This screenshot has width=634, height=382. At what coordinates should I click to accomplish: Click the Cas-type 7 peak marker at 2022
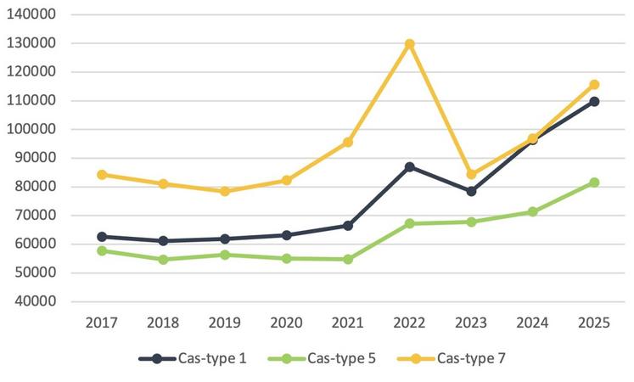[409, 44]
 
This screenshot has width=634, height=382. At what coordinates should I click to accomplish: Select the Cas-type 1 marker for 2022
[409, 167]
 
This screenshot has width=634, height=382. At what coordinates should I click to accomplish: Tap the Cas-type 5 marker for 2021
[348, 259]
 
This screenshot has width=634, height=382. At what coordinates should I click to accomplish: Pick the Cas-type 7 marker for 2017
[102, 175]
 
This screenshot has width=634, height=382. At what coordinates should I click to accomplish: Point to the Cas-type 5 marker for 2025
[594, 183]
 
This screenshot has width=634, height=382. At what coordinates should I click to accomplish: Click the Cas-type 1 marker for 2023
[471, 191]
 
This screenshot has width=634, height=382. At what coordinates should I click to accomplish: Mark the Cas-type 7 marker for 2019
[225, 191]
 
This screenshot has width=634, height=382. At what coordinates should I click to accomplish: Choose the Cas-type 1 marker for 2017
[102, 237]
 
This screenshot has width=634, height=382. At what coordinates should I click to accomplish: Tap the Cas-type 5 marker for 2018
[163, 259]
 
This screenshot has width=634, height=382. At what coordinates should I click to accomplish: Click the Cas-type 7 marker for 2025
[594, 85]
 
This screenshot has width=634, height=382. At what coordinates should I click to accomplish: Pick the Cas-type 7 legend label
[471, 358]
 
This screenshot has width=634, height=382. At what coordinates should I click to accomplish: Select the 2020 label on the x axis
[286, 323]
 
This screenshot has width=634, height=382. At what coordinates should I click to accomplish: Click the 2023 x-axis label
[471, 323]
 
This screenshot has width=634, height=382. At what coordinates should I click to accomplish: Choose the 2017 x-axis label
[102, 323]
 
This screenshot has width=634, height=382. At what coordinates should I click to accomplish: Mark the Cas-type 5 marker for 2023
[471, 222]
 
